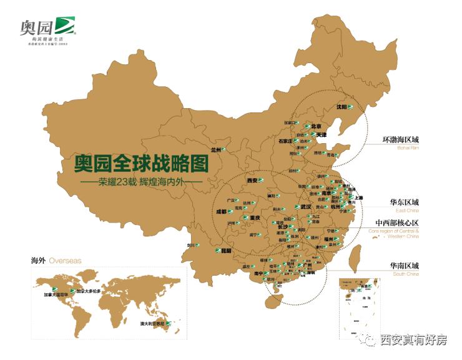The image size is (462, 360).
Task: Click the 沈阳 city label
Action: tap(342, 107)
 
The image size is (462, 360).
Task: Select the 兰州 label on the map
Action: tap(217, 150)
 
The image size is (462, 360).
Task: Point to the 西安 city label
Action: tap(253, 181)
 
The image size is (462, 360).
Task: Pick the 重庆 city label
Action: tap(252, 218)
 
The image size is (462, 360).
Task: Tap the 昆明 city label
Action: tap(226, 251)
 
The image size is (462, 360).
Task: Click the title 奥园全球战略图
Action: tap(140, 164)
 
